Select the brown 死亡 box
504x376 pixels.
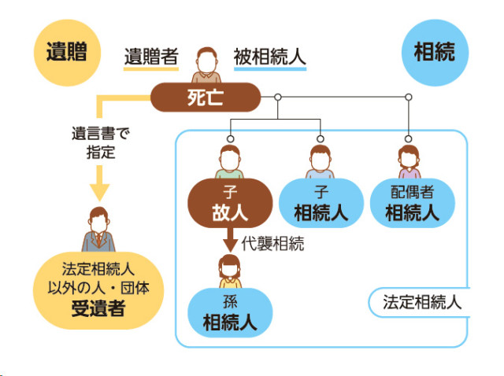tap(206, 98)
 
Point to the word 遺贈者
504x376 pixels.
tap(151, 57)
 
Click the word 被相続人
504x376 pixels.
tap(270, 57)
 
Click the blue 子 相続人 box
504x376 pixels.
tap(321, 204)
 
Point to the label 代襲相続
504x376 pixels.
tap(273, 244)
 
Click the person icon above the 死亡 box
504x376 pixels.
tap(206, 66)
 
